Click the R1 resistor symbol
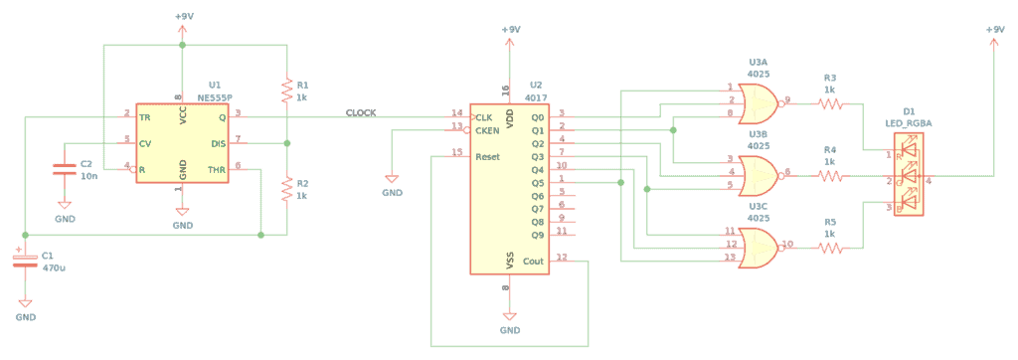(x=286, y=91)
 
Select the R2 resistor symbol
(x=286, y=187)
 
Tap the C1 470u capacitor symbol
(x=24, y=260)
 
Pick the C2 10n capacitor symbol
(x=64, y=169)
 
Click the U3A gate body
(x=760, y=100)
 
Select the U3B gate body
(x=760, y=172)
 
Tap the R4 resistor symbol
(x=830, y=175)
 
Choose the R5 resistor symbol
(x=830, y=247)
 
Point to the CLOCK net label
(x=361, y=112)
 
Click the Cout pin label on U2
(x=533, y=261)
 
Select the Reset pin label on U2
(x=488, y=156)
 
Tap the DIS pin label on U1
(x=219, y=143)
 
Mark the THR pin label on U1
(x=217, y=170)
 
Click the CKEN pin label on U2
(x=487, y=129)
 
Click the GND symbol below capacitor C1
(x=25, y=309)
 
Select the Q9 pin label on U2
(x=538, y=235)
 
